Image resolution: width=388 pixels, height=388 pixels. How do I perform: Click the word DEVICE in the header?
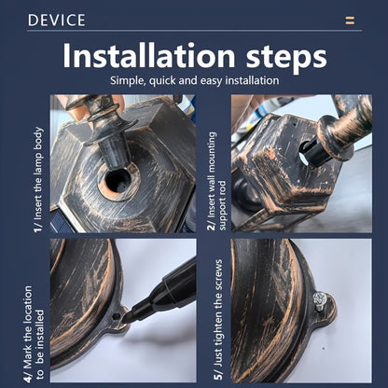coord(56,20)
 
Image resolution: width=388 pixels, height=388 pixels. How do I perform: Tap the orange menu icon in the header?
coord(350,21)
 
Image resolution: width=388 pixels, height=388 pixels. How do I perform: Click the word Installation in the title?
coord(148,56)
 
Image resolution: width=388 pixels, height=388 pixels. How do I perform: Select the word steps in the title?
coord(286,58)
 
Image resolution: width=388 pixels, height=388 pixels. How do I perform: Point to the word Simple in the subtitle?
coord(128,81)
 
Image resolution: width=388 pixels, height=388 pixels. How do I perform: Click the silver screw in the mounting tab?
coord(320,302)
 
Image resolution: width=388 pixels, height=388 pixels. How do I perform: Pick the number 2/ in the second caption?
coord(212,225)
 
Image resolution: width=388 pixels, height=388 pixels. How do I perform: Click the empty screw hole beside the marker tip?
coord(116,316)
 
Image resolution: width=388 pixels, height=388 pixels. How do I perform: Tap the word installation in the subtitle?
coord(252,80)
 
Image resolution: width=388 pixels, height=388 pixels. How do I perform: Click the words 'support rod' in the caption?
coord(223,205)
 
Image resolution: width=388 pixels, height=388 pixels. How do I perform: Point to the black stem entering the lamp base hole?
coord(115,151)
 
